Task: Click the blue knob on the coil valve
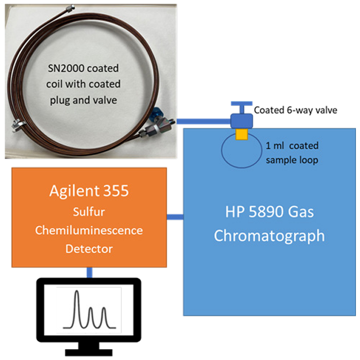(x=155, y=114)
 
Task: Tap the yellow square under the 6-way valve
(x=241, y=134)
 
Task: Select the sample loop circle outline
(x=222, y=150)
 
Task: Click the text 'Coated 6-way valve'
(x=295, y=110)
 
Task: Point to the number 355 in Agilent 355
(x=116, y=191)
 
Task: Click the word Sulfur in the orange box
(x=89, y=212)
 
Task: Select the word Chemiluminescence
(x=89, y=230)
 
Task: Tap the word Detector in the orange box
(x=89, y=249)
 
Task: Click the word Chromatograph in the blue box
(x=269, y=236)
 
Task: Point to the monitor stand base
(x=89, y=353)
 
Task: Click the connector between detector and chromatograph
(x=175, y=217)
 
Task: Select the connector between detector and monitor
(x=89, y=273)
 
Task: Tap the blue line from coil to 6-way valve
(x=203, y=121)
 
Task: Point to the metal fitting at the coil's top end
(x=70, y=9)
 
